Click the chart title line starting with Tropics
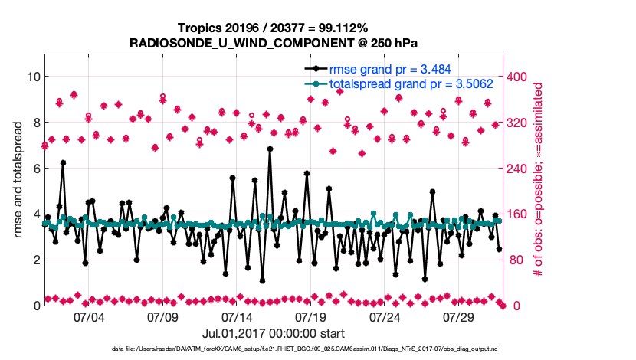point(270,28)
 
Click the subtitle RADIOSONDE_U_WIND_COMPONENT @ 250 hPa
point(270,43)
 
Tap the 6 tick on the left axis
point(33,169)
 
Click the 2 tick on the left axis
point(33,260)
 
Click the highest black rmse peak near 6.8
point(270,149)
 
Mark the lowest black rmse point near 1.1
point(263,280)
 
